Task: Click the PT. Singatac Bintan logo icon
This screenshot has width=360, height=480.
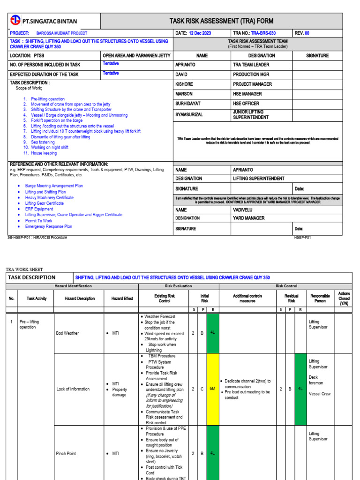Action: pyautogui.click(x=16, y=21)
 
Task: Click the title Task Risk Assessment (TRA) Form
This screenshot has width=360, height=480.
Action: pyautogui.click(x=221, y=21)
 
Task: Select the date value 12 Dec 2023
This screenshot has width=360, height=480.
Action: pyautogui.click(x=200, y=33)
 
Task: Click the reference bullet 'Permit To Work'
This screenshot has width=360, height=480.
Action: pyautogui.click(x=39, y=221)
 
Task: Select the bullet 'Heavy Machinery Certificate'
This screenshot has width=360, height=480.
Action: pyautogui.click(x=49, y=198)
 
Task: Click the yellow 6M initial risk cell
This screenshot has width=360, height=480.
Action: pyautogui.click(x=212, y=389)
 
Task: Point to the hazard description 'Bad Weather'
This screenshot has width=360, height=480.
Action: pyautogui.click(x=67, y=333)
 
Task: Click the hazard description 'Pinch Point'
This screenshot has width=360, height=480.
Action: pyautogui.click(x=66, y=454)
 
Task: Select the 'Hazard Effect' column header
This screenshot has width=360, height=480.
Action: pyautogui.click(x=122, y=299)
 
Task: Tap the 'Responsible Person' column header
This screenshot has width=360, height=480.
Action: pyautogui.click(x=320, y=299)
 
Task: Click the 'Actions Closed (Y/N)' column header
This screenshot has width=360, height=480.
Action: pyautogui.click(x=344, y=299)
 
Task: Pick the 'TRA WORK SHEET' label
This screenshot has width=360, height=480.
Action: pyautogui.click(x=24, y=270)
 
